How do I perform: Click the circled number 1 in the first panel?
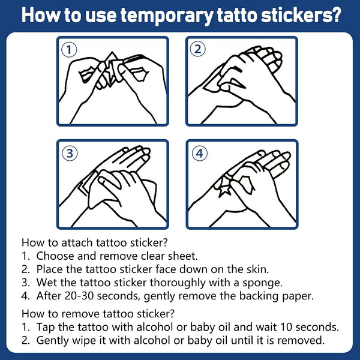(69, 50)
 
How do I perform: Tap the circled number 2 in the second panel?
(197, 49)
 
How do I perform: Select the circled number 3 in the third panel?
(70, 153)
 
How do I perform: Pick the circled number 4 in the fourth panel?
(200, 153)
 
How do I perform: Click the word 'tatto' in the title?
(237, 15)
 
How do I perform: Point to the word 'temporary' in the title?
(167, 16)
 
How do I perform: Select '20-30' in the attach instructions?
(79, 296)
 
